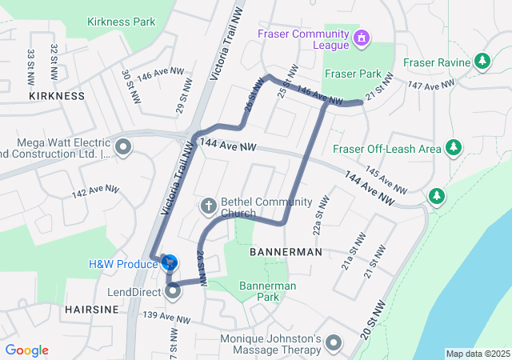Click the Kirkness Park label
tap(122, 22)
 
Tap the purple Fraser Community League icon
tap(362, 38)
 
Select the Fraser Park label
tap(351, 73)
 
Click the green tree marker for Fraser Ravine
tap(482, 61)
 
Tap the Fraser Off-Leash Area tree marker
tap(454, 148)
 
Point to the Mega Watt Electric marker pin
tap(123, 146)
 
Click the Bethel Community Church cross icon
tap(208, 207)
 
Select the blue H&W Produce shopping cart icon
tap(170, 262)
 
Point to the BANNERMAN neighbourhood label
tap(286, 252)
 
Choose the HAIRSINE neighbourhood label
tap(91, 309)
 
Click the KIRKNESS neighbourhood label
tap(56, 96)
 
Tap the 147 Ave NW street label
tap(430, 84)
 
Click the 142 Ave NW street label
tap(95, 192)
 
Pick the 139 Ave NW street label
tap(166, 318)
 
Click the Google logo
tap(26, 350)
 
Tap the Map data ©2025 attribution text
tap(477, 354)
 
